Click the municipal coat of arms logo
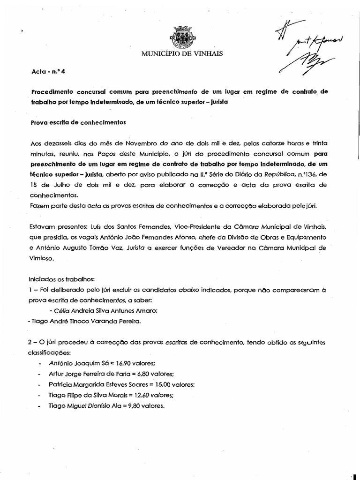(x=181, y=36)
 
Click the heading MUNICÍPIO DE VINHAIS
(x=182, y=54)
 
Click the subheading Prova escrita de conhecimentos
(x=78, y=123)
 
